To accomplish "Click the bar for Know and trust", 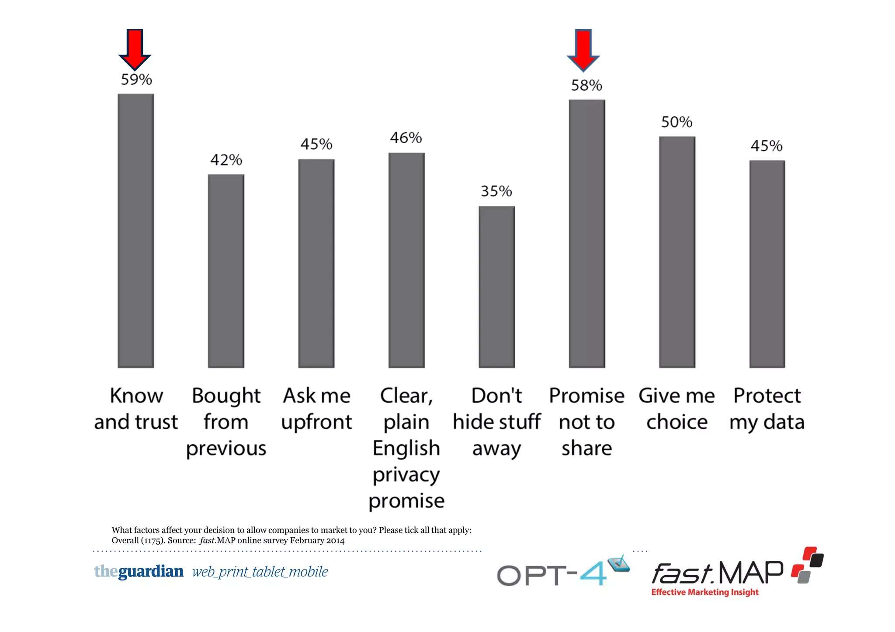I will pyautogui.click(x=135, y=231).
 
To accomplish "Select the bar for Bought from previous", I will pyautogui.click(x=226, y=271).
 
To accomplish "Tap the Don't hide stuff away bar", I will pyautogui.click(x=496, y=287).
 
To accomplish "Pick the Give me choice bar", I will pyautogui.click(x=677, y=252).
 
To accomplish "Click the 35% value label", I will pyautogui.click(x=496, y=191).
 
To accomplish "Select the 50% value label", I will pyautogui.click(x=676, y=122).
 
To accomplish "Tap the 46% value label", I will pyautogui.click(x=406, y=138).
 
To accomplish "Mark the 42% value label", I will pyautogui.click(x=226, y=160).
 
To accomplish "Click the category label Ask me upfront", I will pyautogui.click(x=316, y=409).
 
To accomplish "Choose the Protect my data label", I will pyautogui.click(x=767, y=409).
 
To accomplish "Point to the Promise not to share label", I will pyautogui.click(x=586, y=422).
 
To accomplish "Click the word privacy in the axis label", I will pyautogui.click(x=406, y=475).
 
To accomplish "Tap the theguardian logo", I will pyautogui.click(x=139, y=571).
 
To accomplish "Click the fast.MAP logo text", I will pyautogui.click(x=717, y=573).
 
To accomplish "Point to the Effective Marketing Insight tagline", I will pyautogui.click(x=704, y=592).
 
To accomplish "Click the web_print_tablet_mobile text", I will pyautogui.click(x=260, y=572).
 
